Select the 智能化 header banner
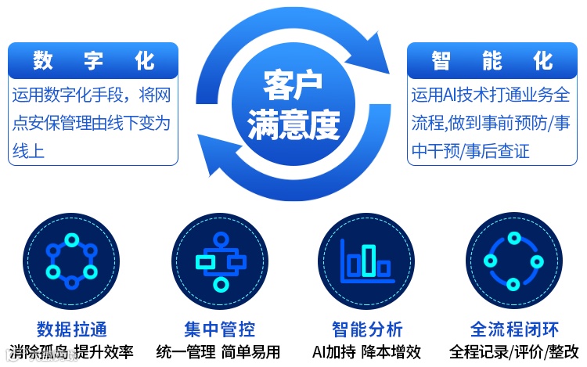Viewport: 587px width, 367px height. point(492,59)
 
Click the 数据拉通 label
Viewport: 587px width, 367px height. point(71,329)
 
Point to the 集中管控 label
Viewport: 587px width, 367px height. point(219,329)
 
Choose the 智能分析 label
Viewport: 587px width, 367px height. point(367,329)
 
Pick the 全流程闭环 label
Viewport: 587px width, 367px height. point(514,329)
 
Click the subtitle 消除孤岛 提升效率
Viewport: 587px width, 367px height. point(71,351)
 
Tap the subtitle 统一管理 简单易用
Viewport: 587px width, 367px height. point(218,351)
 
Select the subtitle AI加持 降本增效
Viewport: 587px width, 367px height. point(366,351)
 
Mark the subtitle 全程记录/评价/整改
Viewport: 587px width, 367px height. point(514,351)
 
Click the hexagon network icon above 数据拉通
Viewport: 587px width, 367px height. point(71,260)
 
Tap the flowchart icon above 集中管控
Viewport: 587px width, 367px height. point(219,260)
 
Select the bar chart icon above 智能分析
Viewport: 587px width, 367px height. point(366,260)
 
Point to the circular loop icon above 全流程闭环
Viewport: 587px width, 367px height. point(514,260)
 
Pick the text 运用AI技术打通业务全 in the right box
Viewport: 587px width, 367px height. point(491,95)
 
